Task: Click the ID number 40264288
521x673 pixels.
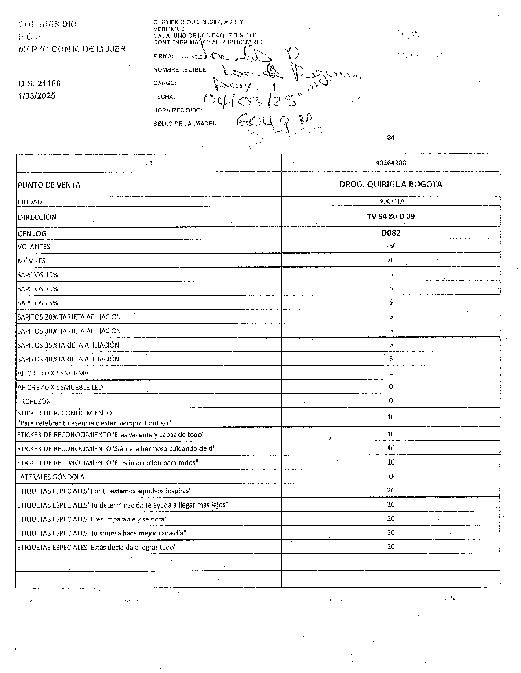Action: tap(391, 163)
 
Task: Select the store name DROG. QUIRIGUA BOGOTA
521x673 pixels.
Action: tap(391, 184)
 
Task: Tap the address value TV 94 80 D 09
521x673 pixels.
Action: tap(391, 216)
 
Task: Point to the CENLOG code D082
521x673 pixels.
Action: tap(391, 233)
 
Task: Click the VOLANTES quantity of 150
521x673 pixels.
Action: tap(391, 246)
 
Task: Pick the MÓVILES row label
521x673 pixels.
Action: tap(32, 261)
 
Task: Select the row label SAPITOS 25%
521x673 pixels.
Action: tap(38, 303)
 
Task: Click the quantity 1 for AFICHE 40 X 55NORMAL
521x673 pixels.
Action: tap(391, 372)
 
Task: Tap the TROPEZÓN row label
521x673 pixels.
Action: tap(34, 401)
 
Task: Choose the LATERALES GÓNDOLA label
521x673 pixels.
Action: tap(51, 477)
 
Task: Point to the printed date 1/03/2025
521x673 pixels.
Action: tap(37, 96)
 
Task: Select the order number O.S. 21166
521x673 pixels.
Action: tap(39, 83)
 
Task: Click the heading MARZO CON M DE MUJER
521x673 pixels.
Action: tap(72, 49)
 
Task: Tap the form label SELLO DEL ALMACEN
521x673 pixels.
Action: tap(185, 124)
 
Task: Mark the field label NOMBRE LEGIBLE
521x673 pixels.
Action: tap(181, 70)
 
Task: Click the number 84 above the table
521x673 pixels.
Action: tap(390, 138)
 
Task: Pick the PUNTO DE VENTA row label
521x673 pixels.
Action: tap(49, 185)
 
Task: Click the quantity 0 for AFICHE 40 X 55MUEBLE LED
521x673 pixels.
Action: tap(391, 386)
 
